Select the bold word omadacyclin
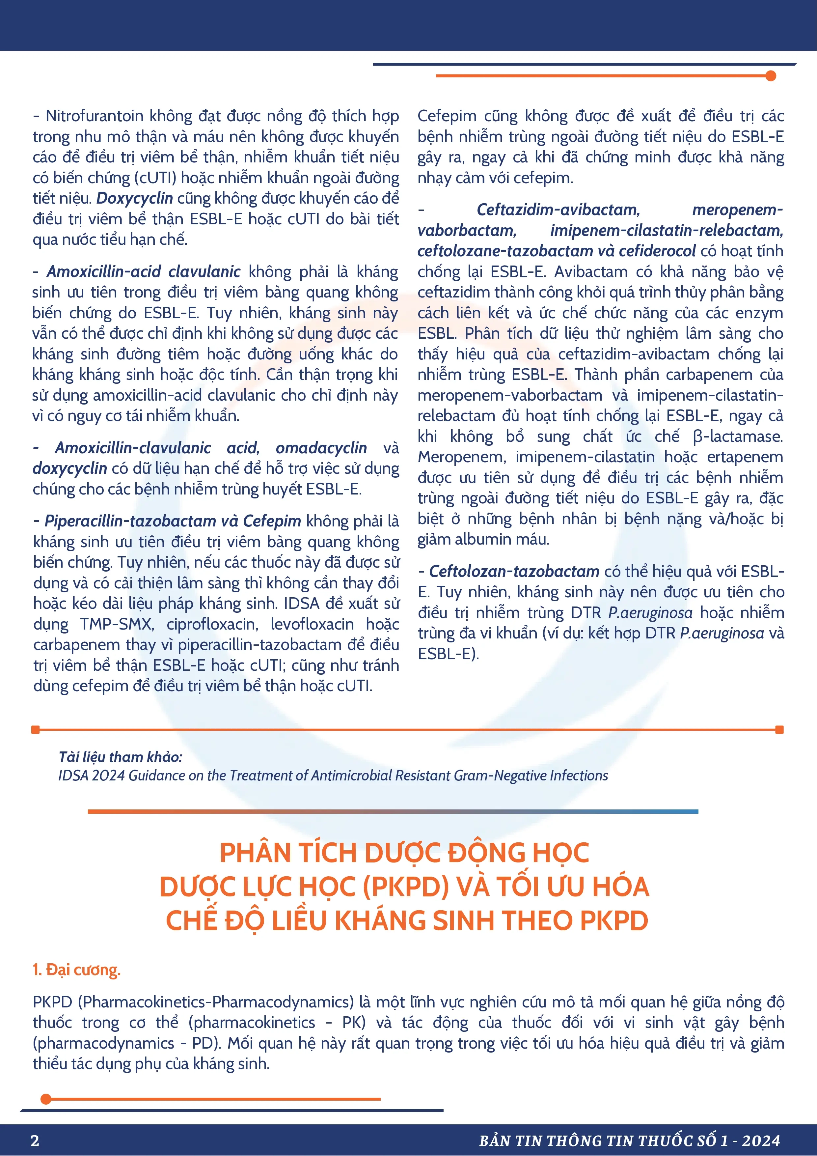(321, 448)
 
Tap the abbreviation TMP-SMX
(116, 624)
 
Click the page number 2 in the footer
(35, 1141)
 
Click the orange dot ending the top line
(770, 76)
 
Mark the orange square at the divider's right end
(779, 730)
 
